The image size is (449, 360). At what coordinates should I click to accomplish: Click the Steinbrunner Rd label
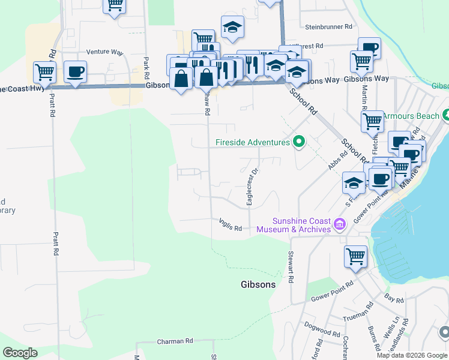[328, 27]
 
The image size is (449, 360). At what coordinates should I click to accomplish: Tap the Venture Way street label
[104, 52]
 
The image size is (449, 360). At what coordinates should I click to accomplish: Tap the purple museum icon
[340, 225]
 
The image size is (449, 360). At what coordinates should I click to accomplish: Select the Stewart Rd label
[290, 267]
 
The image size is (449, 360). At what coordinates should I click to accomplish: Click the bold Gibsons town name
[258, 284]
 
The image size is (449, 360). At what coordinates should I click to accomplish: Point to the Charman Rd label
[175, 341]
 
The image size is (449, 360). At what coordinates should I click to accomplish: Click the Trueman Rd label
[358, 312]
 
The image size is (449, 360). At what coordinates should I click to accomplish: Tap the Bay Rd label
[394, 298]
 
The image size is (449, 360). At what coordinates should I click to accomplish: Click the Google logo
[20, 353]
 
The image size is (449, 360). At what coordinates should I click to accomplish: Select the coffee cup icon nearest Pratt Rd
[75, 73]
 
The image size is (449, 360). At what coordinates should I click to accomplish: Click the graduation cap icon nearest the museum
[354, 182]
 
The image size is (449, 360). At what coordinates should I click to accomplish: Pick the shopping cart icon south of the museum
[355, 256]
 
